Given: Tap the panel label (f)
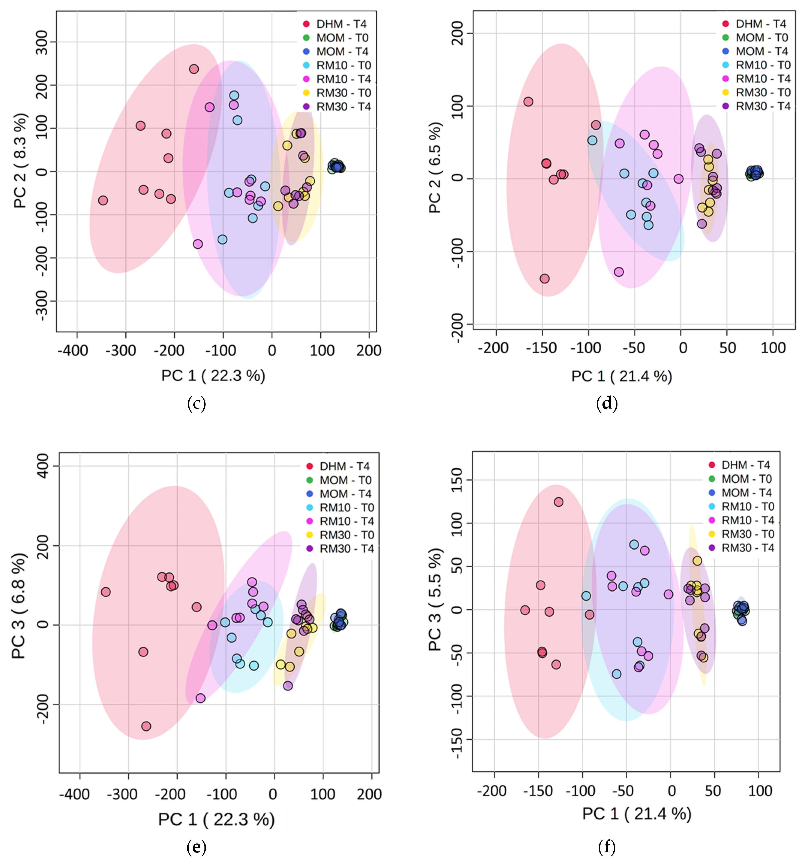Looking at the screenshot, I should click(x=606, y=846).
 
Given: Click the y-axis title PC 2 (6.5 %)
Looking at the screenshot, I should click(x=435, y=167).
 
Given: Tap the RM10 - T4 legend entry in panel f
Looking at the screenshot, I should click(x=747, y=520).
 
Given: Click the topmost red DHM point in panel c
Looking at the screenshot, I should click(x=194, y=69).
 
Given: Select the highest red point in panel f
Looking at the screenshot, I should click(x=559, y=502).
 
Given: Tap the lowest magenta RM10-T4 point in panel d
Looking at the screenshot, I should click(x=619, y=272).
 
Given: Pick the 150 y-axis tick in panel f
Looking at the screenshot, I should click(x=457, y=480).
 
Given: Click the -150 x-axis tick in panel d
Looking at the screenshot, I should click(x=541, y=348).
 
